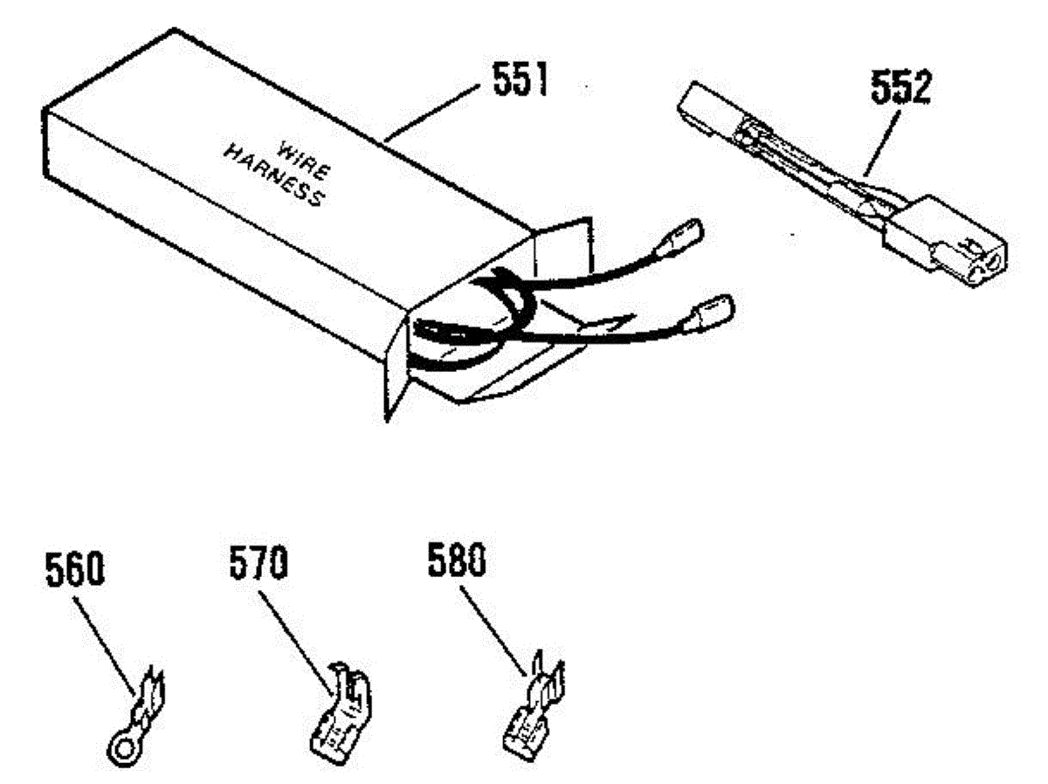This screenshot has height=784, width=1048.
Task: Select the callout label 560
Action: point(74,571)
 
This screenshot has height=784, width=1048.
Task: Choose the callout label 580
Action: point(457,560)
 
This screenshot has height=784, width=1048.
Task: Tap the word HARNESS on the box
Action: point(272,178)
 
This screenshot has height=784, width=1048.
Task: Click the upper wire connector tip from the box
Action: point(686,235)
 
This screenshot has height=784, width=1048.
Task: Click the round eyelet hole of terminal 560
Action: point(118,745)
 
